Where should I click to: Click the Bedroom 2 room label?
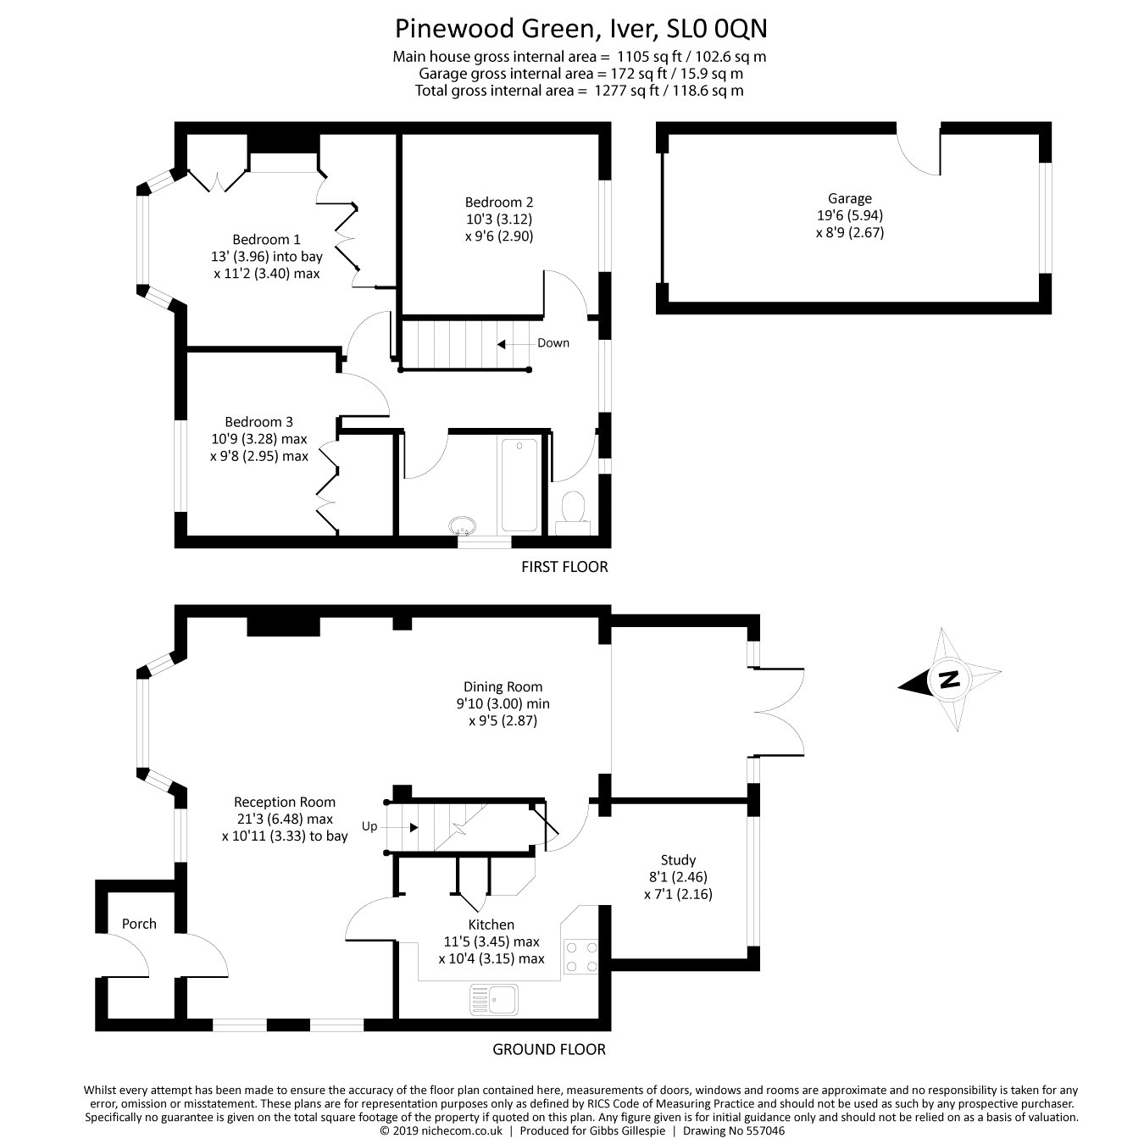pos(498,203)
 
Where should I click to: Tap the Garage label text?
pos(850,199)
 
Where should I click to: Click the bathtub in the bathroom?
pos(519,485)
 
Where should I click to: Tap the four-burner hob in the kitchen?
pos(580,956)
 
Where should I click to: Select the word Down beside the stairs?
pos(553,343)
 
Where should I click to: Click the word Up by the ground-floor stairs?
pos(369,826)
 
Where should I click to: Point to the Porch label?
pos(139,924)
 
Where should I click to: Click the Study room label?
pos(678,860)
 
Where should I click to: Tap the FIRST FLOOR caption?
pos(564,567)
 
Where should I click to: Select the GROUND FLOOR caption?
pos(549,1050)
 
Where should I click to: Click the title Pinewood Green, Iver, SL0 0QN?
pos(580,29)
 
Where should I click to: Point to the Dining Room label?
pos(503,686)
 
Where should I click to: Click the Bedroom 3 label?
pos(258,422)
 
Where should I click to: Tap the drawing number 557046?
pos(764,1130)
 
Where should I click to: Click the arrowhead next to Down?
pos(502,344)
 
